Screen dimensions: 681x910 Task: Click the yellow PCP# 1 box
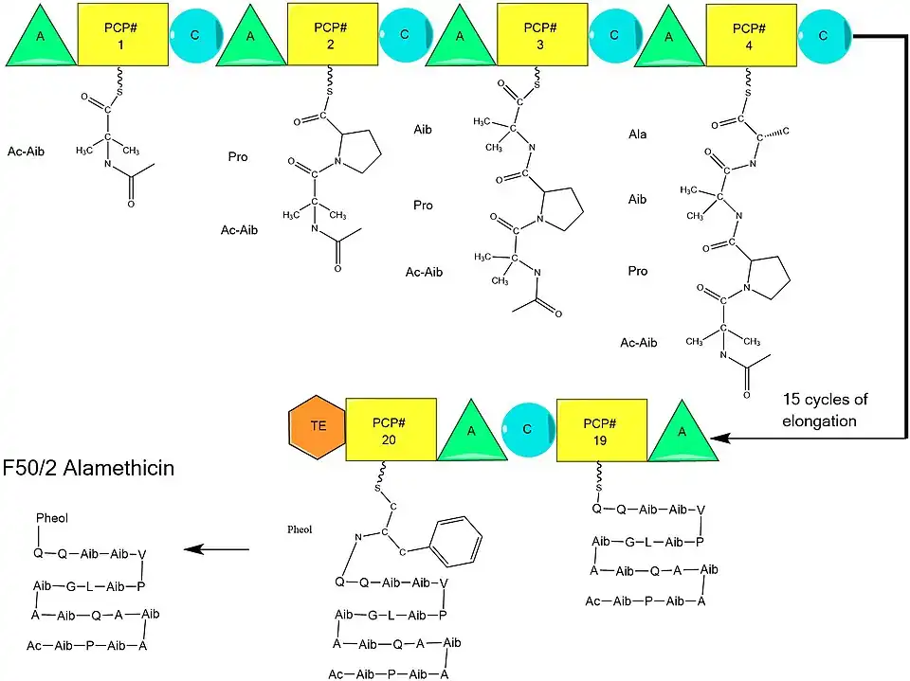(x=116, y=34)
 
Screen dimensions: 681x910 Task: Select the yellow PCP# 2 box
(x=325, y=34)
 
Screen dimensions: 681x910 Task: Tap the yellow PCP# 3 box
(x=536, y=34)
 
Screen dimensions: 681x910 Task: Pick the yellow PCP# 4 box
(x=745, y=34)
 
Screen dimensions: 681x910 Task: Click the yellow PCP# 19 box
(x=601, y=429)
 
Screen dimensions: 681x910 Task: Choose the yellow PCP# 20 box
(x=391, y=429)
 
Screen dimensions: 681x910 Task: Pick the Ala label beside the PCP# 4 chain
(x=637, y=134)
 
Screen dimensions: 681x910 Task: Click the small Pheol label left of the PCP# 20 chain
(x=299, y=530)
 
